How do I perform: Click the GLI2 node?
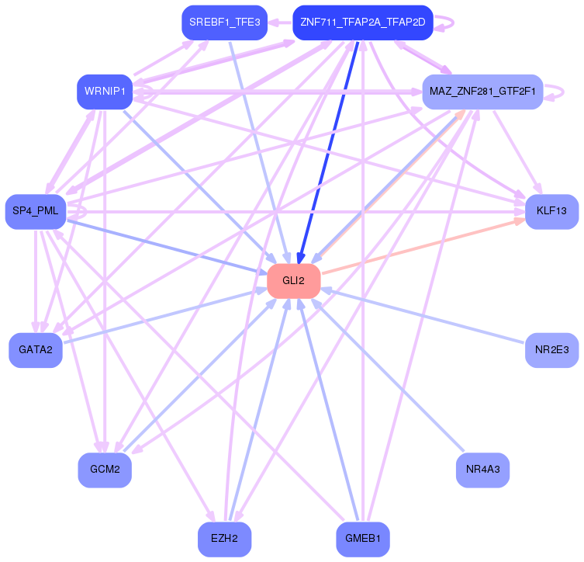point(294,280)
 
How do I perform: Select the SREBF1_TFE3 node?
point(224,23)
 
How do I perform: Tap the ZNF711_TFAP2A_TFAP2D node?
point(362,23)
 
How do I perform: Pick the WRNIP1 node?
point(104,92)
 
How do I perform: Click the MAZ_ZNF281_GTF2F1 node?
point(482,92)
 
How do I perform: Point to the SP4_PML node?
point(36,212)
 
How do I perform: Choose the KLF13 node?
point(551,212)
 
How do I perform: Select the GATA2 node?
point(36,349)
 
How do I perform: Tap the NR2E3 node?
point(551,349)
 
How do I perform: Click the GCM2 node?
point(105,470)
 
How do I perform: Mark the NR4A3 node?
point(482,470)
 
